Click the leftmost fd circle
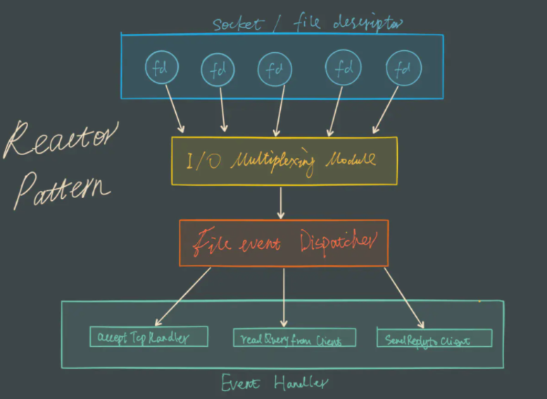coord(161,68)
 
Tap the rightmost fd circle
coord(403,69)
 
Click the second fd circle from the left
coord(218,69)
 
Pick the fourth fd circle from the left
coord(343,68)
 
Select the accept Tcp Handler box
coord(149,337)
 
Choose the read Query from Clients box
coord(294,339)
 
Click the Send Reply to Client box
coord(434,338)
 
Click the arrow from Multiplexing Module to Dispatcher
coord(282,202)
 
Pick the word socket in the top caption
coord(237,25)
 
